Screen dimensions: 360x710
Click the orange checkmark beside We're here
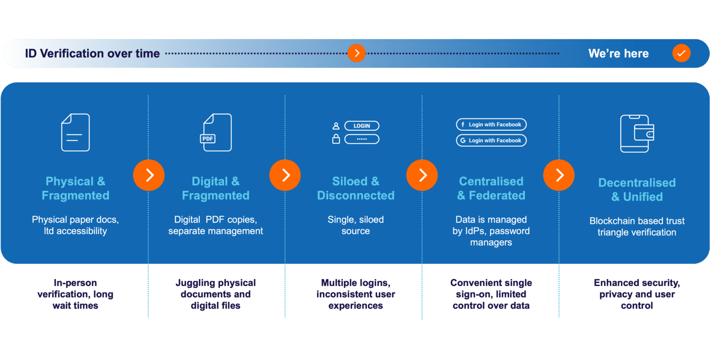pos(681,53)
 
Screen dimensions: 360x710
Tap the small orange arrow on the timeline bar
pos(356,53)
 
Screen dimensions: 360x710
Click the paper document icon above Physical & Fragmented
pos(75,132)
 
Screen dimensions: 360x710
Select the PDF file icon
pos(217,132)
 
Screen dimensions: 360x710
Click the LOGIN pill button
pos(362,126)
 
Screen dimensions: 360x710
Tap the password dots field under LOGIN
pos(362,139)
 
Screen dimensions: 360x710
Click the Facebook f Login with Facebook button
pos(491,125)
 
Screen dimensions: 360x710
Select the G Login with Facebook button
pos(491,140)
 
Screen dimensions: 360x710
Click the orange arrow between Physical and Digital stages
pos(149,175)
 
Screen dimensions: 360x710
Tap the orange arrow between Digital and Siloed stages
pos(285,175)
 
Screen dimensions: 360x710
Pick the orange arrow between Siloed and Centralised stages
pos(422,175)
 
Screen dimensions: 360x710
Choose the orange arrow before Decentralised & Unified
pos(559,175)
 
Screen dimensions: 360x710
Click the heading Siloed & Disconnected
pos(356,188)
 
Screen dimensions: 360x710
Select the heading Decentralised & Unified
pos(637,190)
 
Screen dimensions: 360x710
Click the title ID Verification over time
pos(92,54)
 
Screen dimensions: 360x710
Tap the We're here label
pos(618,54)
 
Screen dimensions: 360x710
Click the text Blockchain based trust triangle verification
pos(637,227)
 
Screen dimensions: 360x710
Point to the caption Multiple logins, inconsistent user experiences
pos(356,294)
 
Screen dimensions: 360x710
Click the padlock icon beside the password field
pos(336,139)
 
